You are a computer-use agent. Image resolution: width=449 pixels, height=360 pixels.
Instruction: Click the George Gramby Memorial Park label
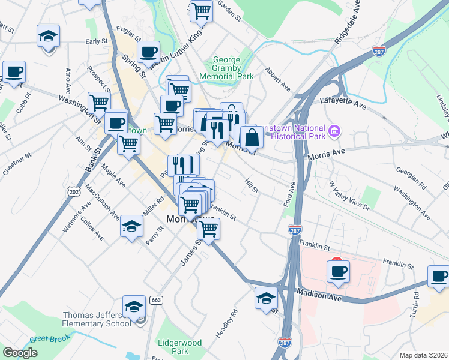tap(234, 68)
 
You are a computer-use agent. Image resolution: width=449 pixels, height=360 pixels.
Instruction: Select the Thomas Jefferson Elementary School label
tap(97, 320)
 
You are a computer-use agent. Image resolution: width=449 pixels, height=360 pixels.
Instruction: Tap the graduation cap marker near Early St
tap(48, 37)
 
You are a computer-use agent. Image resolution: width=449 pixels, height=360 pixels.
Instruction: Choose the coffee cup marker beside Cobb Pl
tap(14, 73)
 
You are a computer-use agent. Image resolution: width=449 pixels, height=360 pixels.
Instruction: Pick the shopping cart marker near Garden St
tap(202, 11)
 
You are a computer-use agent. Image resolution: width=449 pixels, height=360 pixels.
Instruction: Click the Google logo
tap(20, 353)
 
